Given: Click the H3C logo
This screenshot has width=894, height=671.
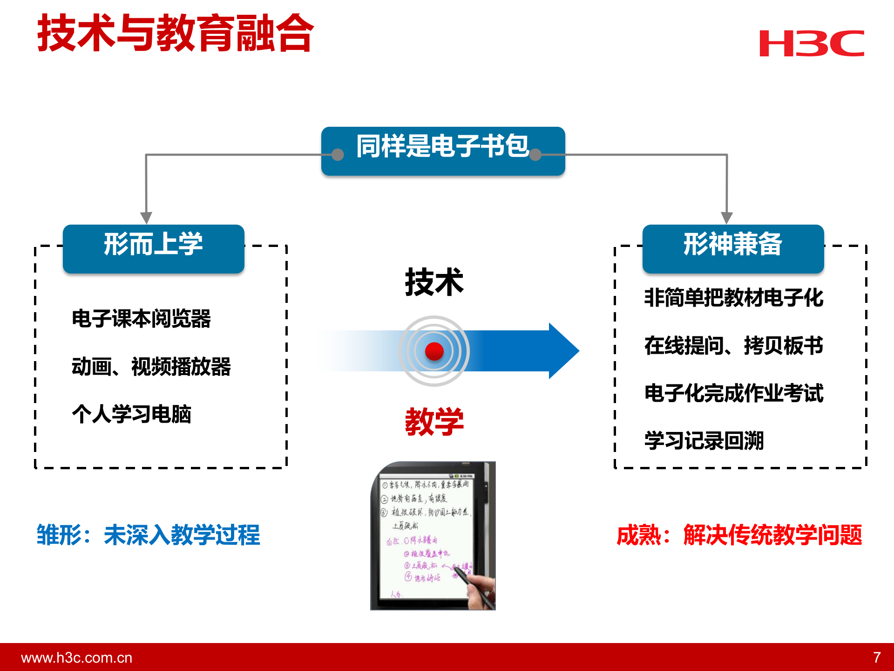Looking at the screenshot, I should (811, 43).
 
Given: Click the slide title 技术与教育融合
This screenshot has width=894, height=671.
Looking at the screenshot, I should (176, 33).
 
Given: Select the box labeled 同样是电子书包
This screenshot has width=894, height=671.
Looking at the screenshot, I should (443, 151).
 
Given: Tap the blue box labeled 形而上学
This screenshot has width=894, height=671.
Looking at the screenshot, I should (154, 248).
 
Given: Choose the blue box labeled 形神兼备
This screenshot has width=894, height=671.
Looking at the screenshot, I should (733, 248).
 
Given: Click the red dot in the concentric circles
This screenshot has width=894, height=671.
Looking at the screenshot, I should (434, 351).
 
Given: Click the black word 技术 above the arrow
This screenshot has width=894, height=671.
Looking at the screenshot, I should (434, 282).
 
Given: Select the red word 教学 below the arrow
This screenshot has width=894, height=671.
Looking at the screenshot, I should (434, 422).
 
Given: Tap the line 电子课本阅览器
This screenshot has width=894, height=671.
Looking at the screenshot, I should (141, 319).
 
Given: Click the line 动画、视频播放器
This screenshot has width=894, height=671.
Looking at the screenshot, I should (151, 367).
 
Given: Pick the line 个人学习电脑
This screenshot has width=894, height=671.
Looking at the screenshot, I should (131, 414).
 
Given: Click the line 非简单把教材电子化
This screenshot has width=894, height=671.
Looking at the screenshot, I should (734, 298).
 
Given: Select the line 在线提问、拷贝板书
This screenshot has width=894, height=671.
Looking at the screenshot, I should (734, 346).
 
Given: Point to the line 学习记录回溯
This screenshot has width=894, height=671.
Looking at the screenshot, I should (704, 441).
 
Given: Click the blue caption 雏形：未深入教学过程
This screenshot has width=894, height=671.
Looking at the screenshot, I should (148, 535).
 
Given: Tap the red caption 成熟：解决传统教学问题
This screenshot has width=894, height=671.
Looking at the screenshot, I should (739, 535).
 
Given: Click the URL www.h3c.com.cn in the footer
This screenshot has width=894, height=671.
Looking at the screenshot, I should (77, 657).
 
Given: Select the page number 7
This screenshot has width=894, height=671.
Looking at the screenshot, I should (877, 657).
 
